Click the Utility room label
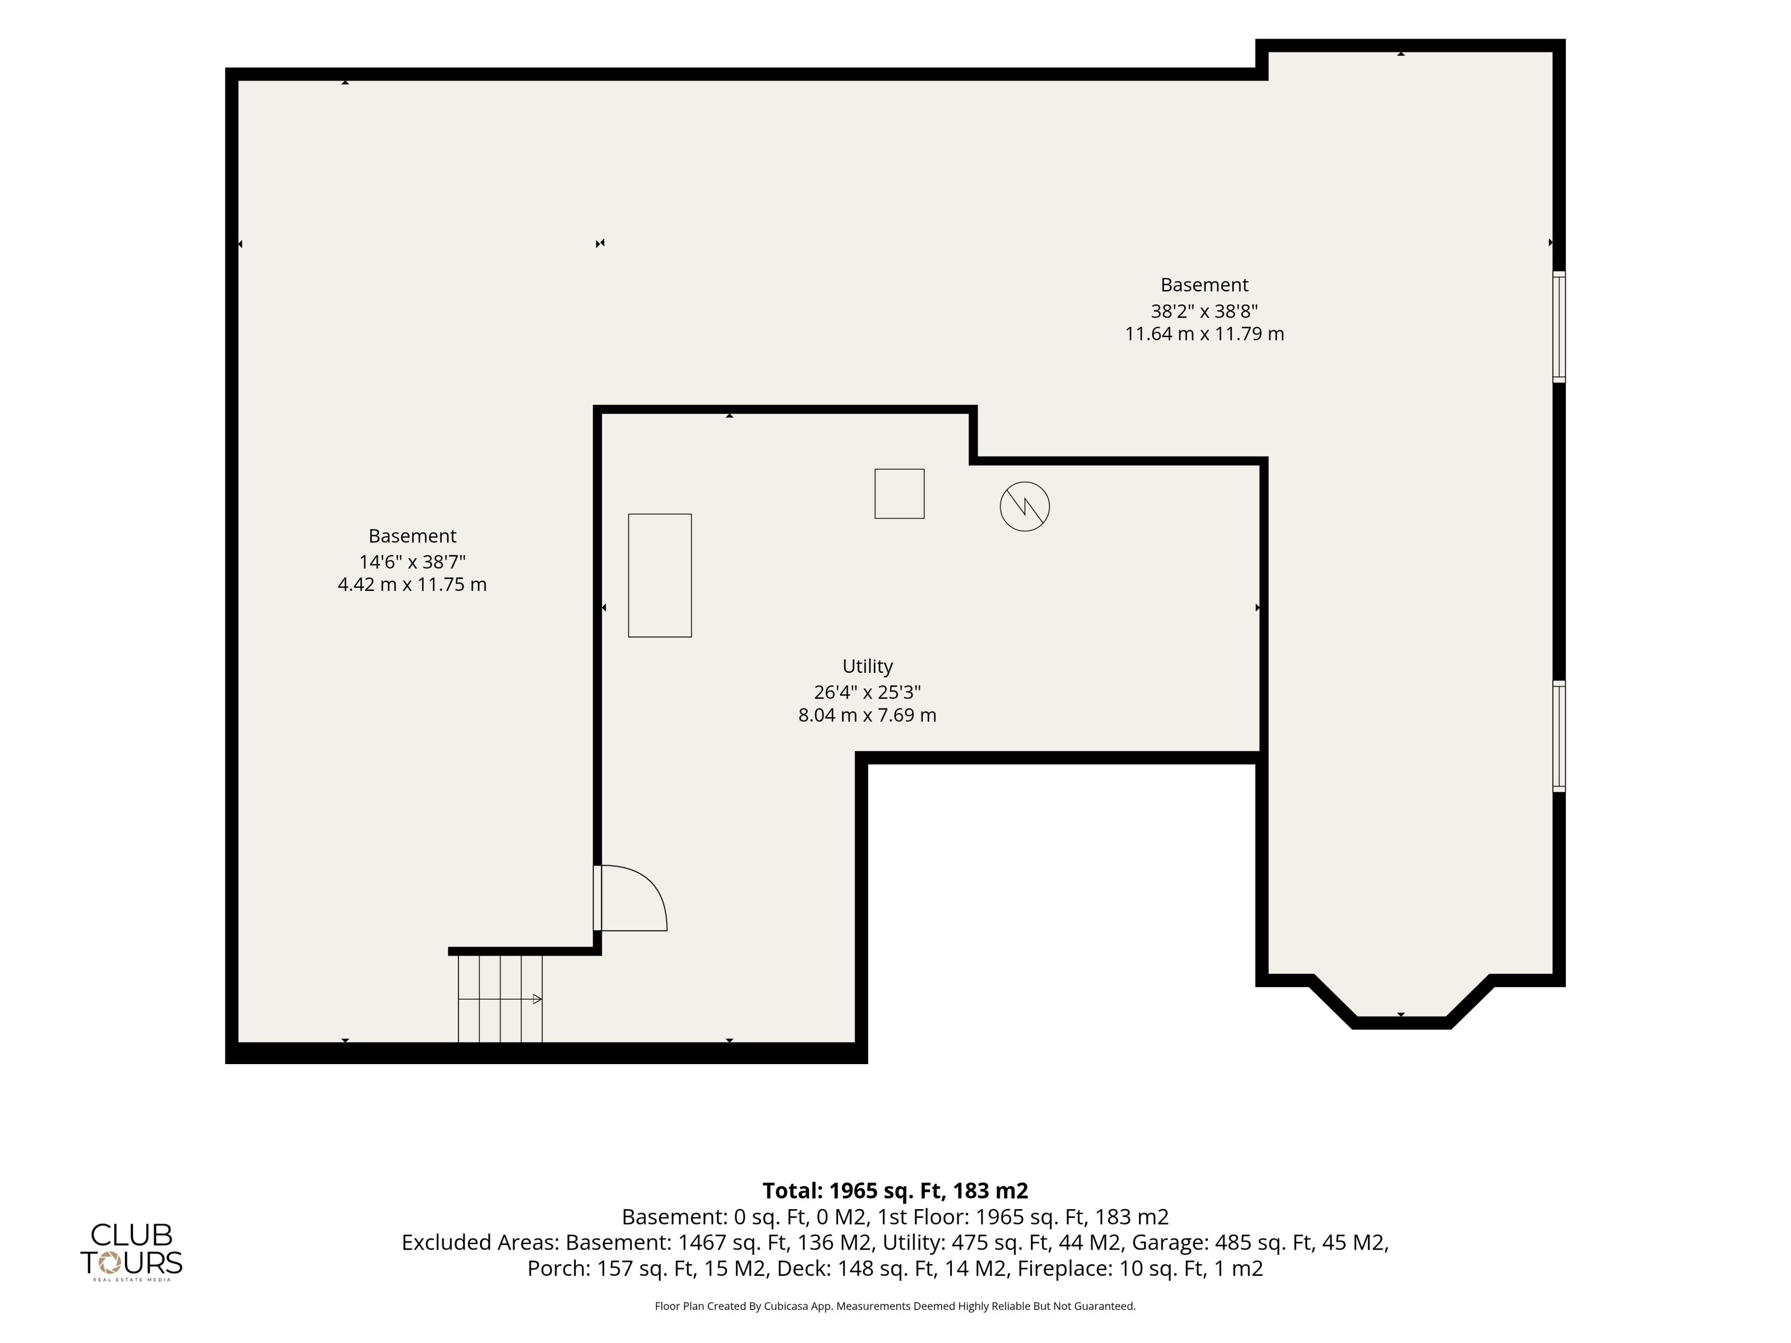(867, 666)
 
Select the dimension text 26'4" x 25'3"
(867, 692)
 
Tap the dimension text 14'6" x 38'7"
(412, 562)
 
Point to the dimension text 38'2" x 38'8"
(1204, 311)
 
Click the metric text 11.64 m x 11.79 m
(1204, 333)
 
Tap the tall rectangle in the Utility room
(660, 575)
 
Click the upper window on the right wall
(1559, 327)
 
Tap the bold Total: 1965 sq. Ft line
(895, 1191)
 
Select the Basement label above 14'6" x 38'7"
(412, 536)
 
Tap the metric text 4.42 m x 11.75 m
(412, 584)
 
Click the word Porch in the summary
(559, 1268)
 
